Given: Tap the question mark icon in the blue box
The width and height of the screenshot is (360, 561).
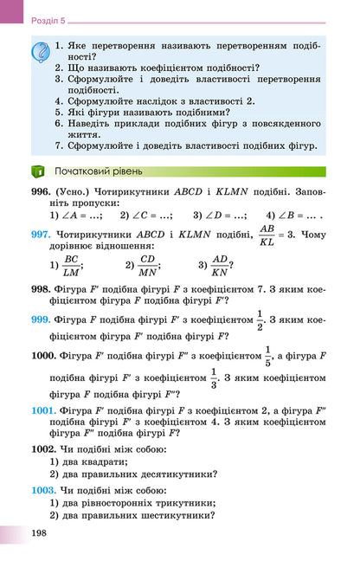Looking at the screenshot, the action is (41, 53).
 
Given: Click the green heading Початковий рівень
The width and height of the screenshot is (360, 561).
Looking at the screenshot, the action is (94, 171).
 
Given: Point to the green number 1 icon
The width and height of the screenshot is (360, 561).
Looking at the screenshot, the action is (37, 171).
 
